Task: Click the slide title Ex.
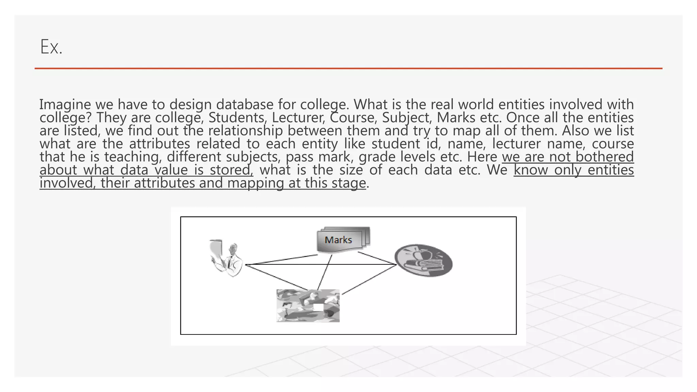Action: (x=51, y=47)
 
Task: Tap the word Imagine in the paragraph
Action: (x=65, y=104)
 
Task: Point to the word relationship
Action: (x=245, y=131)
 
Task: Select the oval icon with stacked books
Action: (x=423, y=260)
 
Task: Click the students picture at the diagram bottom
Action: (x=308, y=306)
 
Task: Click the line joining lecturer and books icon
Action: (x=320, y=264)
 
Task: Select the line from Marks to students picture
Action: (x=325, y=272)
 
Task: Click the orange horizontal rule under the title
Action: (x=348, y=68)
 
